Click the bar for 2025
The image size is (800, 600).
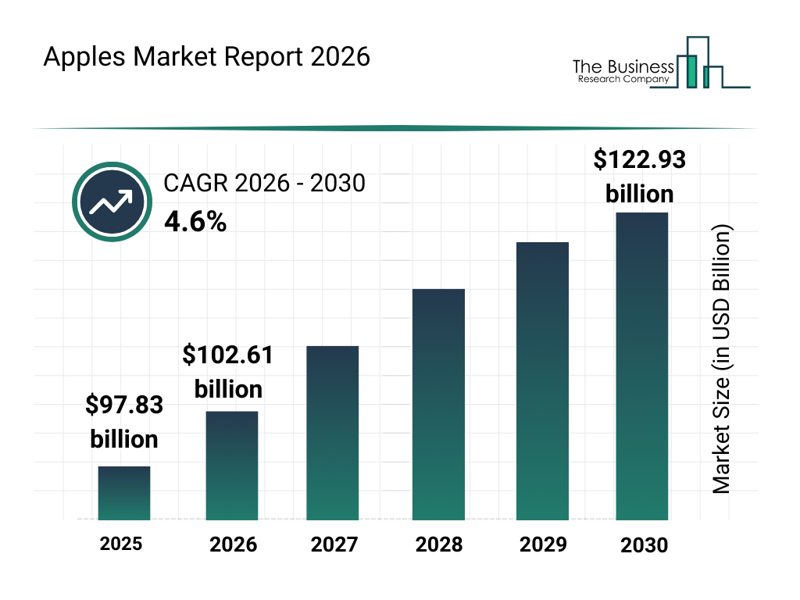pyautogui.click(x=124, y=493)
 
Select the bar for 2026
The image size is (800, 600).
pyautogui.click(x=232, y=466)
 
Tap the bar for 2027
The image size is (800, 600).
pyautogui.click(x=333, y=433)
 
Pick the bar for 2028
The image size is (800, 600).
pyautogui.click(x=438, y=405)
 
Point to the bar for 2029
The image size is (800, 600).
pyautogui.click(x=542, y=381)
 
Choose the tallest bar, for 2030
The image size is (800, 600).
pyautogui.click(x=642, y=366)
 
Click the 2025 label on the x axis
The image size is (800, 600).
pyautogui.click(x=121, y=543)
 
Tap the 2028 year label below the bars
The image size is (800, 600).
pyautogui.click(x=439, y=545)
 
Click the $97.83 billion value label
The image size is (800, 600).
pyautogui.click(x=124, y=422)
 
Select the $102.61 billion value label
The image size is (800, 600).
pyautogui.click(x=228, y=372)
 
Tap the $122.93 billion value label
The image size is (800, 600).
pyautogui.click(x=639, y=177)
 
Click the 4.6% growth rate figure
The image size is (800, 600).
pyautogui.click(x=195, y=223)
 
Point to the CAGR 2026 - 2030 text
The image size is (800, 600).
pyautogui.click(x=264, y=184)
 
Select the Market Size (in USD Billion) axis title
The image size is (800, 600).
pyautogui.click(x=722, y=360)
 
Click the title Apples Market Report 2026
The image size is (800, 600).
pyautogui.click(x=206, y=58)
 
